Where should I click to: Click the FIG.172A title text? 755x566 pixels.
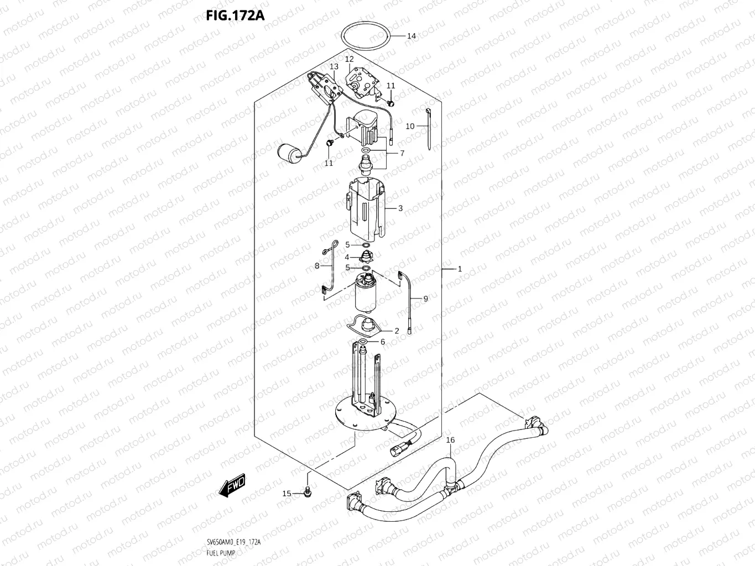[x=235, y=15]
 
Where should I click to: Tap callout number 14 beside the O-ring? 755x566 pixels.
[x=411, y=36]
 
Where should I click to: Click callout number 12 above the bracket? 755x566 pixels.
[x=349, y=59]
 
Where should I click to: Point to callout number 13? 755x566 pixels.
[x=334, y=67]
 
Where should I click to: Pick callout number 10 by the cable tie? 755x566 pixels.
[x=410, y=127]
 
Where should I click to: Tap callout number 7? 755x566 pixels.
[x=402, y=153]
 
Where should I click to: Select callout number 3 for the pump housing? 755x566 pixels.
[x=400, y=209]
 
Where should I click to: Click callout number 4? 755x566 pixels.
[x=347, y=258]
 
